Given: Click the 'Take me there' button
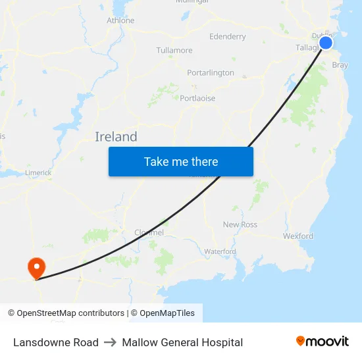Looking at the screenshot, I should click(x=181, y=161).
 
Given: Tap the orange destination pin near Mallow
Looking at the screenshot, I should click(x=36, y=267).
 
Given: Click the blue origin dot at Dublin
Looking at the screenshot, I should click(x=326, y=43).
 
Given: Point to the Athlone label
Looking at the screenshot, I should click(x=120, y=20).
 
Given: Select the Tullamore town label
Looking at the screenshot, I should click(x=174, y=50).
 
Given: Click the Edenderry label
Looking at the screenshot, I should click(x=227, y=36).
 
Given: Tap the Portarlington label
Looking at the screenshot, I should click(x=211, y=72).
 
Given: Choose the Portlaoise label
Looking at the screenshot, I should click(x=197, y=98).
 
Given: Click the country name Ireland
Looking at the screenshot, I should click(x=116, y=137).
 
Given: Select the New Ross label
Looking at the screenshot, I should click(x=240, y=224).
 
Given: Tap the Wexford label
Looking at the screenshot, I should click(x=298, y=236).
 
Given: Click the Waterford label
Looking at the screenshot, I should click(x=220, y=251).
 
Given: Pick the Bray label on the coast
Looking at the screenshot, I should click(x=340, y=65).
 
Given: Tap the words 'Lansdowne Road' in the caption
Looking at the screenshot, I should click(x=56, y=342).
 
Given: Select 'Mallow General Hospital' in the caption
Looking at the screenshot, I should click(x=182, y=342).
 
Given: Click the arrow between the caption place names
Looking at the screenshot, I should click(x=110, y=342).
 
